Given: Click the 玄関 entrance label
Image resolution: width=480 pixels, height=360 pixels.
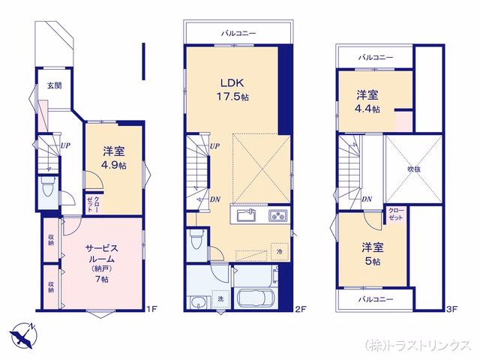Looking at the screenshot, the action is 54,85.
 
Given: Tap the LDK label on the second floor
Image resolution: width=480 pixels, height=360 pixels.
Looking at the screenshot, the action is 232,82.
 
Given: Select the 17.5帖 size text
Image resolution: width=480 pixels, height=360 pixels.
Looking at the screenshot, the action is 232,97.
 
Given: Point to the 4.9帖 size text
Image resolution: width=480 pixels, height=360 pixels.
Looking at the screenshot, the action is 113,165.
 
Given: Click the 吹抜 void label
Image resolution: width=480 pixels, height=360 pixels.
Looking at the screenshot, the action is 414,169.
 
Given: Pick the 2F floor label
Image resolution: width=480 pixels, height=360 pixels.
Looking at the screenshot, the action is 301,308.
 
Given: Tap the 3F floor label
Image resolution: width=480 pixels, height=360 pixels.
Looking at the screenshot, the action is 451,308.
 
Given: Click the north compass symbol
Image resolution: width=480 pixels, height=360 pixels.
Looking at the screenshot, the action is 23,335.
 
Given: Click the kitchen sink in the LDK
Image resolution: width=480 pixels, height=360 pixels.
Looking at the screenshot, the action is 247,216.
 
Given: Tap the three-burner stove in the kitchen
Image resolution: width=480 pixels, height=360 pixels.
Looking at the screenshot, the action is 278,215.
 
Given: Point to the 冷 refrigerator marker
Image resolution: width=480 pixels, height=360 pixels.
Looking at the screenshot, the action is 280,252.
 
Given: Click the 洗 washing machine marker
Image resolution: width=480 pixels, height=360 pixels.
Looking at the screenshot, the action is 220,298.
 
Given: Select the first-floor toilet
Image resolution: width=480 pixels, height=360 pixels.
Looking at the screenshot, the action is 48,189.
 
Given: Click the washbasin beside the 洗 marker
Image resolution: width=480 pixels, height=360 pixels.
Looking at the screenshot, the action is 199,301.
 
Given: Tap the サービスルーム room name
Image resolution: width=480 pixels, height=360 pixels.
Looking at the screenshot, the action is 102,253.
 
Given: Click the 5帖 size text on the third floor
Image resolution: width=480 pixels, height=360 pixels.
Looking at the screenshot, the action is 372,262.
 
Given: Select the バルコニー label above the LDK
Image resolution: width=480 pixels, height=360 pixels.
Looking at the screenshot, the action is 238,33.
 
